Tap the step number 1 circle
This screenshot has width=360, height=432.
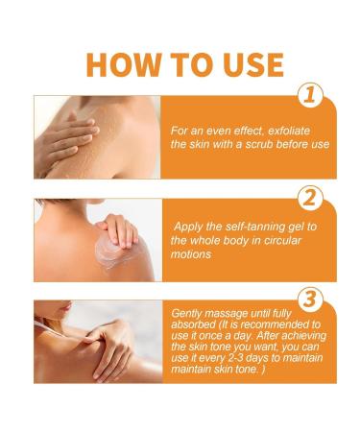[x=309, y=94]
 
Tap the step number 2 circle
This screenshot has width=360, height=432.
[x=309, y=200]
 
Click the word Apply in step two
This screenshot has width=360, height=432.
[x=190, y=227]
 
